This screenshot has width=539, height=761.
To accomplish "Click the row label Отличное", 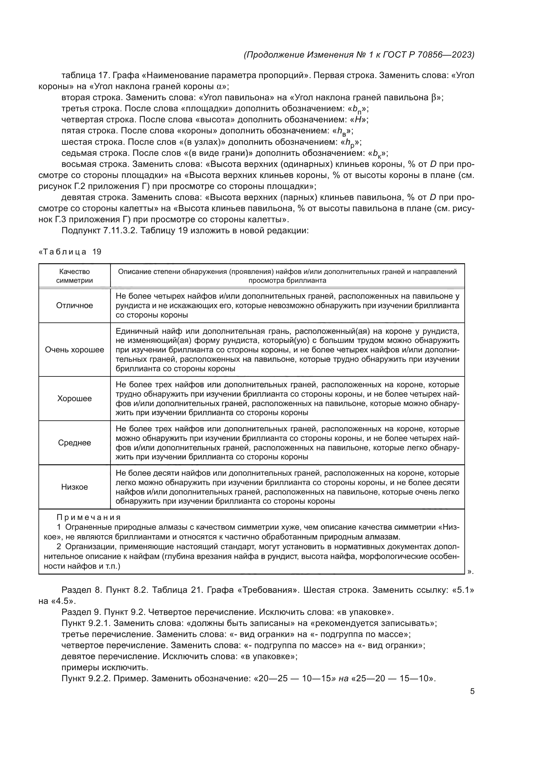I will (x=74, y=306).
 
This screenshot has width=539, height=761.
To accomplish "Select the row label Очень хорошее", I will (x=74, y=350).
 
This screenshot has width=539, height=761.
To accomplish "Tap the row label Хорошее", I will (x=74, y=399).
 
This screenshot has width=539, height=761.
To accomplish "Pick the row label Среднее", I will (x=74, y=443).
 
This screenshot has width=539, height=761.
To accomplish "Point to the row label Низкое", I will (x=74, y=487).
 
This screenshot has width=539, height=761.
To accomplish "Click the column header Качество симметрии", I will (x=74, y=276).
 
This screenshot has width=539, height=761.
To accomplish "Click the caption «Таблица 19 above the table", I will (x=70, y=252).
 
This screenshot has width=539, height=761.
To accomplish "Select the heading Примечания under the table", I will (x=89, y=517).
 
